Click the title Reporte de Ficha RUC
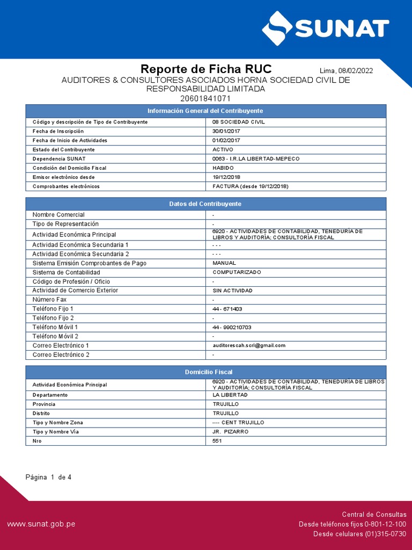click(206, 69)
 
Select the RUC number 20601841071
click(206, 98)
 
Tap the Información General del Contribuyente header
click(206, 111)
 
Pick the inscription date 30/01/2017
click(227, 131)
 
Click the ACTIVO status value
click(223, 149)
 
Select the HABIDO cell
click(223, 168)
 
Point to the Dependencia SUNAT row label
click(58, 158)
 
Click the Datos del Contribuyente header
click(206, 204)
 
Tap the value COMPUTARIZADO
click(237, 272)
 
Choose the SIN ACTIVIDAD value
click(232, 291)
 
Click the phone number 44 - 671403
click(227, 309)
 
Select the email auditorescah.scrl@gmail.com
click(249, 345)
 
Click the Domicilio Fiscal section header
click(206, 372)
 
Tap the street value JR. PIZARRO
click(230, 432)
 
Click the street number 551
click(217, 441)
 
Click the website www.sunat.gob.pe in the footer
click(41, 524)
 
